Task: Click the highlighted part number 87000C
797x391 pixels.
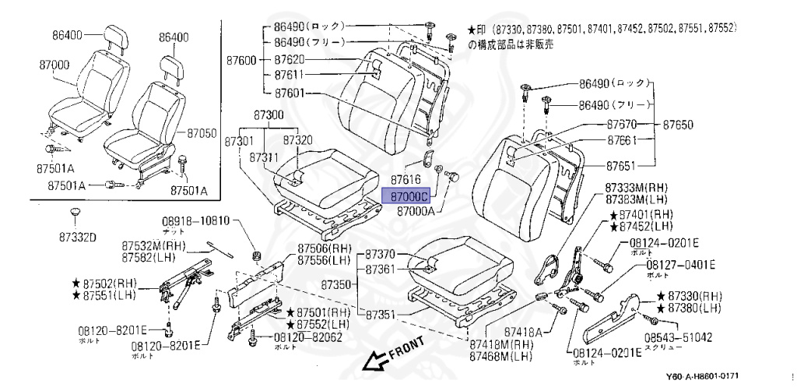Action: (x=409, y=198)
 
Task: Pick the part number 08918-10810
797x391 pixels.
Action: (x=196, y=221)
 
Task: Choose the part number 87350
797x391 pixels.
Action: (x=339, y=284)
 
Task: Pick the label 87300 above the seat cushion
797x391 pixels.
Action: (x=273, y=114)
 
